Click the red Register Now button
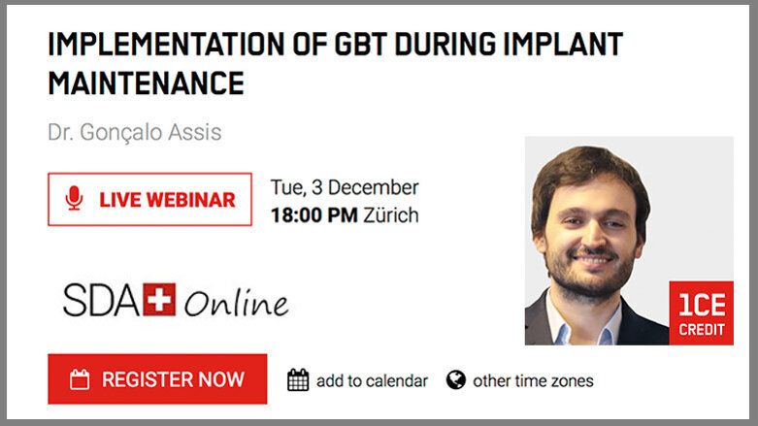pos(157,379)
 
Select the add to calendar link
pos(372,380)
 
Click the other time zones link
pos(533,380)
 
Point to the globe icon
pos(456,379)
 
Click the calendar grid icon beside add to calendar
pos(298,380)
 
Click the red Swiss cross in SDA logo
pos(159,300)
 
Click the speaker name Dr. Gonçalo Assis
pos(134,131)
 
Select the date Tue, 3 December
pos(345,187)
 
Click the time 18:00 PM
pos(313,214)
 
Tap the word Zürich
pos(390,214)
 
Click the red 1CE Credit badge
pos(701,312)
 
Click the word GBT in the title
pos(336,45)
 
